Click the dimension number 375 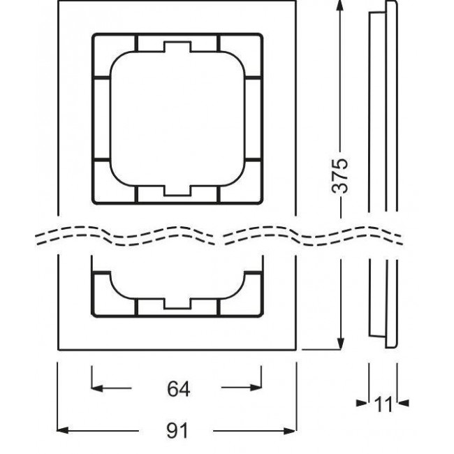click(x=339, y=174)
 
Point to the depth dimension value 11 click(x=382, y=404)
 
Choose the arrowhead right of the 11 click(x=401, y=404)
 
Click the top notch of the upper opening click(x=177, y=47)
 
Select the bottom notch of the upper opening click(x=177, y=190)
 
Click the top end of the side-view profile click(x=382, y=6)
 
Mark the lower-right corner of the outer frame click(x=296, y=349)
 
